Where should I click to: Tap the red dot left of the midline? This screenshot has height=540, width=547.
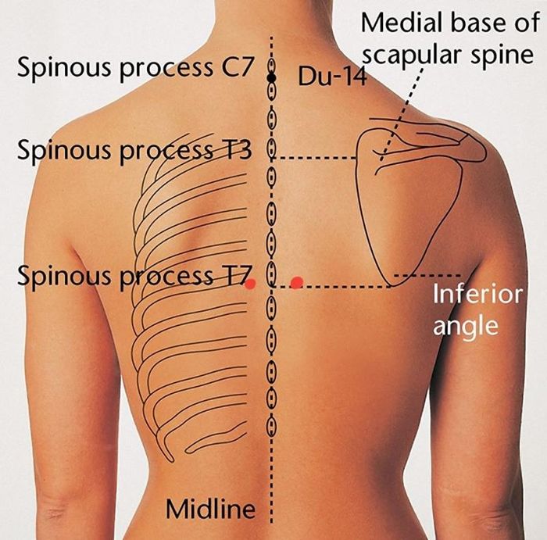tap(250, 285)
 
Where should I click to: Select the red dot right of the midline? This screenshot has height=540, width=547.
tap(296, 282)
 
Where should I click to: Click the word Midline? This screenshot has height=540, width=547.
tap(210, 510)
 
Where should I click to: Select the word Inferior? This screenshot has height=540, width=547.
tap(466, 298)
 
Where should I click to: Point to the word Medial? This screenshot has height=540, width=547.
tap(400, 24)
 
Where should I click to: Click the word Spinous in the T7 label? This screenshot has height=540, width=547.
tap(63, 276)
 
